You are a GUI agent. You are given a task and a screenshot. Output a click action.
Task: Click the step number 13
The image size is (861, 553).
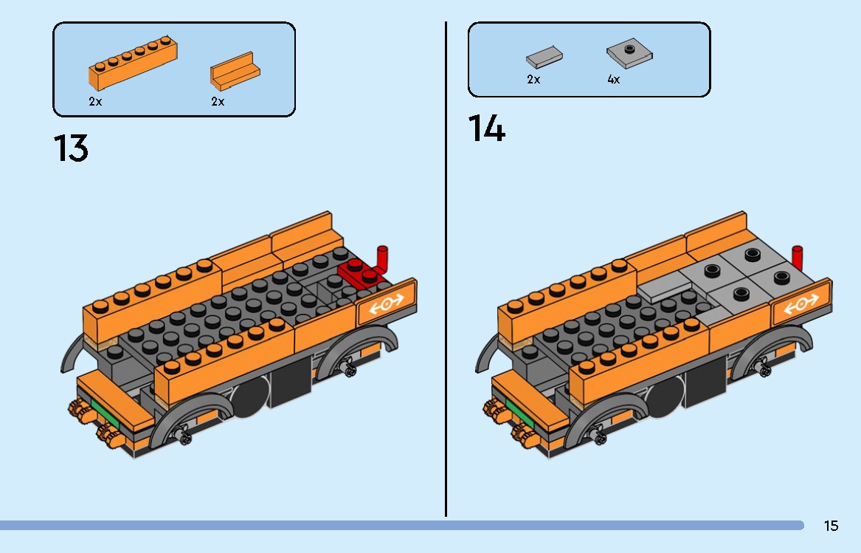(x=71, y=148)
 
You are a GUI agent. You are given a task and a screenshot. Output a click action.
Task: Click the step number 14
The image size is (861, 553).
(x=487, y=129)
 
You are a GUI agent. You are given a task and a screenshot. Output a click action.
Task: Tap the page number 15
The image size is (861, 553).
(x=831, y=526)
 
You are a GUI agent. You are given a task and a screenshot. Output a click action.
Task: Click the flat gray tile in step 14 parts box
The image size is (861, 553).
(x=544, y=56)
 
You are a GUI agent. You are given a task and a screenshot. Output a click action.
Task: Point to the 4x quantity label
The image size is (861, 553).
(x=613, y=80)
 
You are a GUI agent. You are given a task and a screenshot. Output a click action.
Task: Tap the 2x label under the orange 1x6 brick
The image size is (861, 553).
(x=95, y=102)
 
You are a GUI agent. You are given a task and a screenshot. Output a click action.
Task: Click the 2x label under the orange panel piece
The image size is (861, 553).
(x=218, y=102)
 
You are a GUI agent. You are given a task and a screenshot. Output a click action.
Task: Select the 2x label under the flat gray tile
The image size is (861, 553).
(x=533, y=80)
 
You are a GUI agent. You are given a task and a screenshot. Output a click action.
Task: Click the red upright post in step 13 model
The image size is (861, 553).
(x=382, y=258)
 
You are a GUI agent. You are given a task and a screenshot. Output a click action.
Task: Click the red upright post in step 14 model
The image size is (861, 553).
(x=797, y=258)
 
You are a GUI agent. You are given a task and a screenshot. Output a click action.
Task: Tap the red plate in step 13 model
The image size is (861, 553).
(x=360, y=273)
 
